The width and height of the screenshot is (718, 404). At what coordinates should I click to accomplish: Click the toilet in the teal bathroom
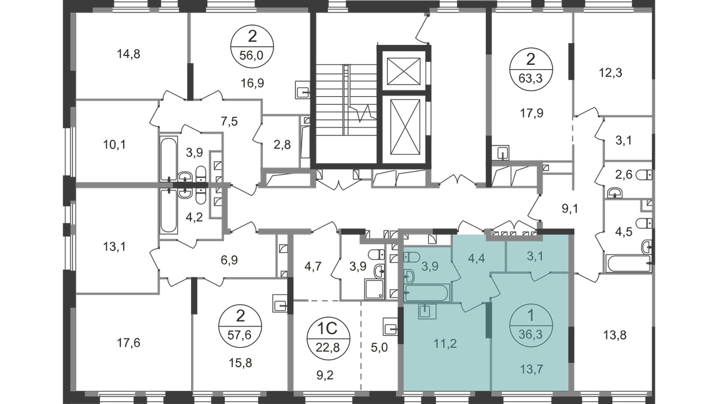(x=408, y=275)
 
